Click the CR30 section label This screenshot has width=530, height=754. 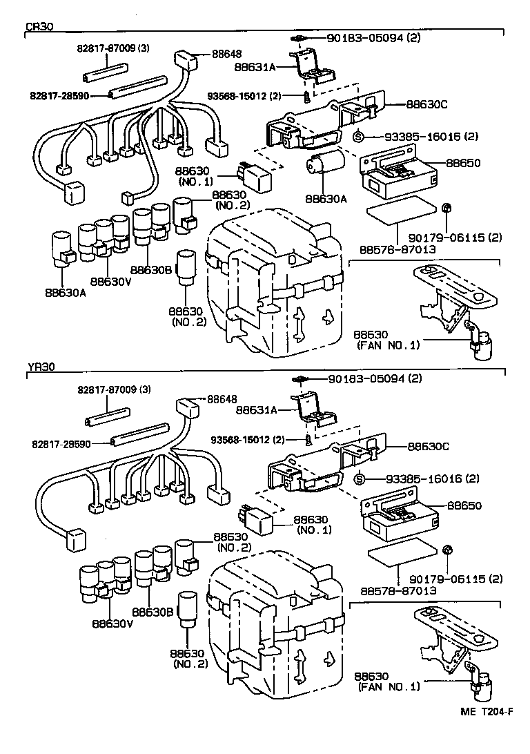[39, 27]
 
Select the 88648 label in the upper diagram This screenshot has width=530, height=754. [227, 54]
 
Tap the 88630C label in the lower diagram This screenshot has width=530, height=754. [428, 447]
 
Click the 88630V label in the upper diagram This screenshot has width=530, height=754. [110, 281]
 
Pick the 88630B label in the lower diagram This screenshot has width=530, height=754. [152, 612]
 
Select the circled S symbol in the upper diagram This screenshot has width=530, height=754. [358, 137]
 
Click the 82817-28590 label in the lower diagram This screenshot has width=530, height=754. [61, 445]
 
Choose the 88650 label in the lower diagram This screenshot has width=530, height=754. [464, 505]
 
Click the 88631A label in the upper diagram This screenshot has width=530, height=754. [255, 68]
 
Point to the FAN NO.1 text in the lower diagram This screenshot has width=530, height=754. [389, 686]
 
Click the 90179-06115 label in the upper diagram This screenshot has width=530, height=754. [455, 237]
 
